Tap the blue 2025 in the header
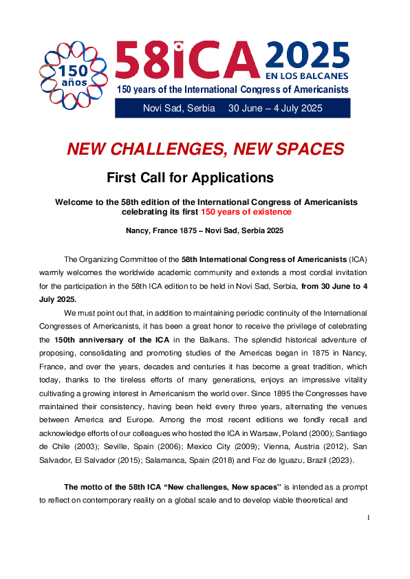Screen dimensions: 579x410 click(x=307, y=55)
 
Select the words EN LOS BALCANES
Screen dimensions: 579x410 click(x=307, y=76)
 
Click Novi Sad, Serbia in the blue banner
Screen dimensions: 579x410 click(x=179, y=108)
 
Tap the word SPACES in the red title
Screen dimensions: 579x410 click(x=307, y=149)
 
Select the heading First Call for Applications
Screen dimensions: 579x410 click(x=190, y=177)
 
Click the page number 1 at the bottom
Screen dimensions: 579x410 click(x=369, y=516)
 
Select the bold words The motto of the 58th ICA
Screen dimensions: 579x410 click(x=116, y=486)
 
